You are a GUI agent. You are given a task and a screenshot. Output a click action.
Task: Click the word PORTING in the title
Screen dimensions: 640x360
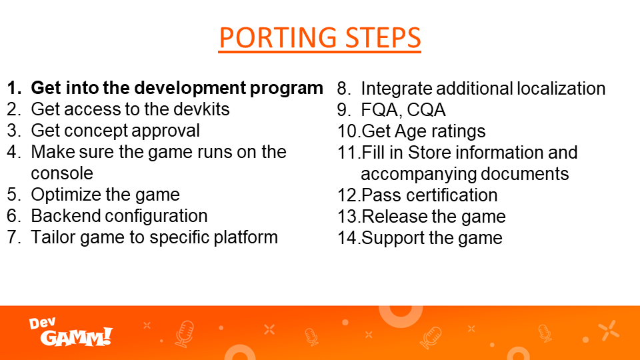pyautogui.click(x=277, y=37)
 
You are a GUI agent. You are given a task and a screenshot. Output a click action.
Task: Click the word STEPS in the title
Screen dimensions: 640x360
pyautogui.click(x=383, y=37)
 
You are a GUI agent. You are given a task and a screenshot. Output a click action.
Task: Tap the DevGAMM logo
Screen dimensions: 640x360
pyautogui.click(x=71, y=332)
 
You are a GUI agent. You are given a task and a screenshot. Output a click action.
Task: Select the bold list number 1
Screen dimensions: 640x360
pyautogui.click(x=14, y=88)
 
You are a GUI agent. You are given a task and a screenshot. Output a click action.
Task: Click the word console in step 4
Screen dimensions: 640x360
pyautogui.click(x=62, y=173)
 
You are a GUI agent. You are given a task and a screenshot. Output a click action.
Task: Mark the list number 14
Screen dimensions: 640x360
pyautogui.click(x=349, y=238)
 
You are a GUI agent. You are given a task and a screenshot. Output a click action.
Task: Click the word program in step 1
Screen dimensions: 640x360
pyautogui.click(x=287, y=89)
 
